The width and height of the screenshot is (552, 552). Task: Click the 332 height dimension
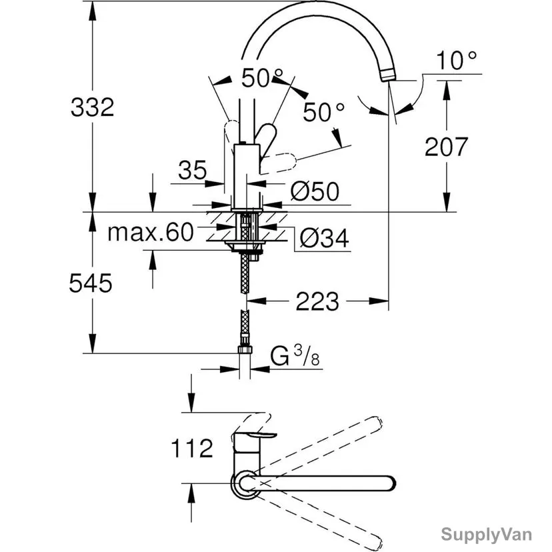coord(93,107)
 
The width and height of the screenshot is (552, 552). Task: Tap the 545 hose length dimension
coord(91,283)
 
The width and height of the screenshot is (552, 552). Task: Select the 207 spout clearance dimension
coord(447,147)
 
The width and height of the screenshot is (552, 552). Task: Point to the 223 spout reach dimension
coord(317,301)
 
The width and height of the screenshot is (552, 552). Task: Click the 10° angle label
coord(457,61)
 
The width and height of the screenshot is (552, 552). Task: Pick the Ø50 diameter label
coord(315,191)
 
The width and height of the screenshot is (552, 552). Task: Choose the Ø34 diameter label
coord(324,238)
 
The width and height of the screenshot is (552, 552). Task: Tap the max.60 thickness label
coord(151,233)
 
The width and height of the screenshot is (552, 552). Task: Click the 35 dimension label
coord(193,170)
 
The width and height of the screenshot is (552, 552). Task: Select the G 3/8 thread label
coord(295,356)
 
